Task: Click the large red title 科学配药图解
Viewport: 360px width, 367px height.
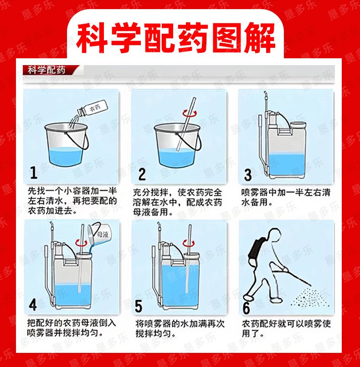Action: pyautogui.click(x=175, y=38)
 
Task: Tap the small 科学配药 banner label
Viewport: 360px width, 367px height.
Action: pyautogui.click(x=46, y=70)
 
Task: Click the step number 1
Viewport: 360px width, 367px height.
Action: pyautogui.click(x=34, y=173)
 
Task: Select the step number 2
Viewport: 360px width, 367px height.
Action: pyautogui.click(x=142, y=174)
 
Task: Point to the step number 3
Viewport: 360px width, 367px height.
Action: pyautogui.click(x=248, y=175)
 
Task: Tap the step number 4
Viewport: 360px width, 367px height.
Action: pyautogui.click(x=33, y=305)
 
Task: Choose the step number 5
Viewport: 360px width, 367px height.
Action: pyautogui.click(x=139, y=306)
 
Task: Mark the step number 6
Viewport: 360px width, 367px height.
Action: pyautogui.click(x=246, y=308)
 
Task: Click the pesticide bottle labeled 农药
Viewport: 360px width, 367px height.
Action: pyautogui.click(x=93, y=108)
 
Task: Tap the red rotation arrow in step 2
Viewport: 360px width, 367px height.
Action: pyautogui.click(x=190, y=114)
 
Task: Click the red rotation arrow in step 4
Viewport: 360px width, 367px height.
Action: pyautogui.click(x=81, y=243)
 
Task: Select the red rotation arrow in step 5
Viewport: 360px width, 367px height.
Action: pyautogui.click(x=189, y=244)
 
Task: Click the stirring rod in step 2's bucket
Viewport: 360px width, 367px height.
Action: pyautogui.click(x=186, y=124)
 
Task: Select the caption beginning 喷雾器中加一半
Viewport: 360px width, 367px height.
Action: pyautogui.click(x=286, y=197)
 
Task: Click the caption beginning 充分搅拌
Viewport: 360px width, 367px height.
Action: pyautogui.click(x=177, y=202)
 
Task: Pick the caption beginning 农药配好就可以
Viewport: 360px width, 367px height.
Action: pyautogui.click(x=286, y=329)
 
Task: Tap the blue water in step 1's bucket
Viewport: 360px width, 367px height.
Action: pyautogui.click(x=66, y=156)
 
